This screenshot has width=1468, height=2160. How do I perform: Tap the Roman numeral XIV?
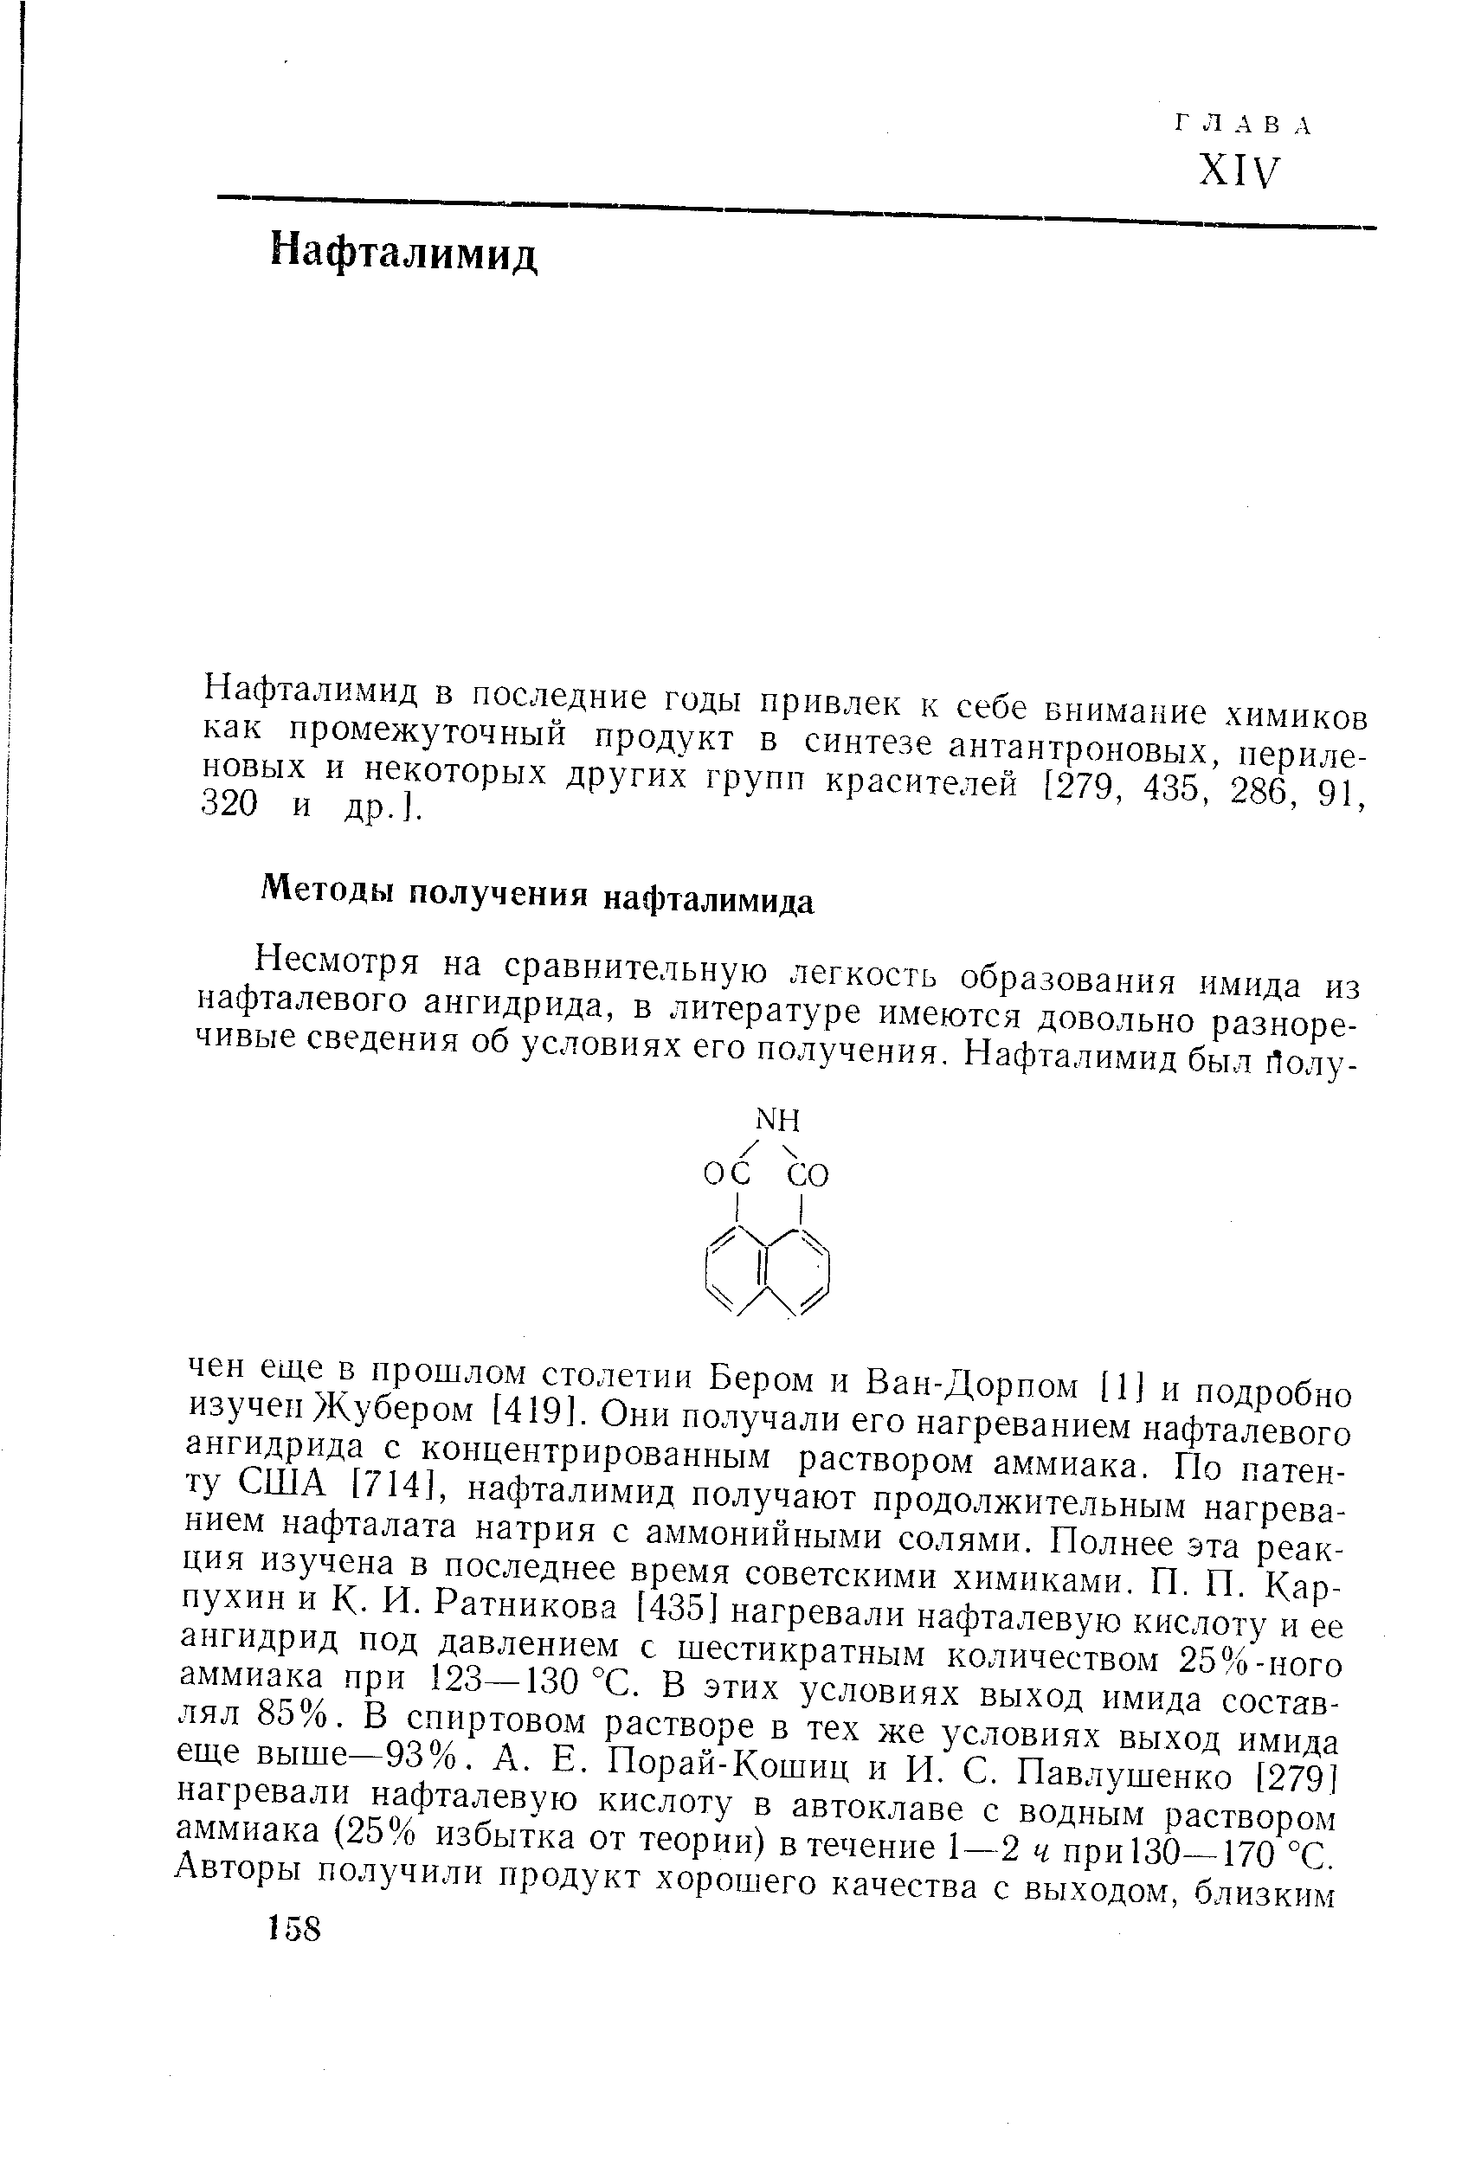(1239, 173)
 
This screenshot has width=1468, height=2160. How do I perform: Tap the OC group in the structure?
(726, 1177)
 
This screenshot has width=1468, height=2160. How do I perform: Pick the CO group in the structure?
(807, 1177)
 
